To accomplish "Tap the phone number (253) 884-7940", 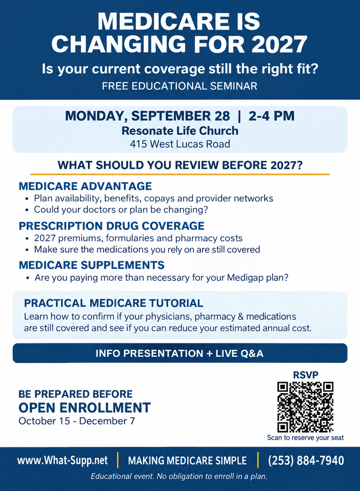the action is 306,460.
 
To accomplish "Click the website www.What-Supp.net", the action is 62,460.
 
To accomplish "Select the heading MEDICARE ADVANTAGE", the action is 85,186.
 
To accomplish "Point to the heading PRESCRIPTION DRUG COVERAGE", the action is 112,226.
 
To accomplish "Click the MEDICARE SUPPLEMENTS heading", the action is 92,265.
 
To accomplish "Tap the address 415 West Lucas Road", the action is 180,144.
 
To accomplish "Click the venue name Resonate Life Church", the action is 180,131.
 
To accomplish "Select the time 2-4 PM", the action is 272,116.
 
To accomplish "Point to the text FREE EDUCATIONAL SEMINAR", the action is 180,86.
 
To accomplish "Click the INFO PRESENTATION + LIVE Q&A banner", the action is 180,353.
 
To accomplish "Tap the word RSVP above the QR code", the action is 306,375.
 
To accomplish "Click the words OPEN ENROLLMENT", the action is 84,408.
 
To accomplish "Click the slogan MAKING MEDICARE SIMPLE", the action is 187,460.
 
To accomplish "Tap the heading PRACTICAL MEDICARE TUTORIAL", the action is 114,303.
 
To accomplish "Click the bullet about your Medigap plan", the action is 161,278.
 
